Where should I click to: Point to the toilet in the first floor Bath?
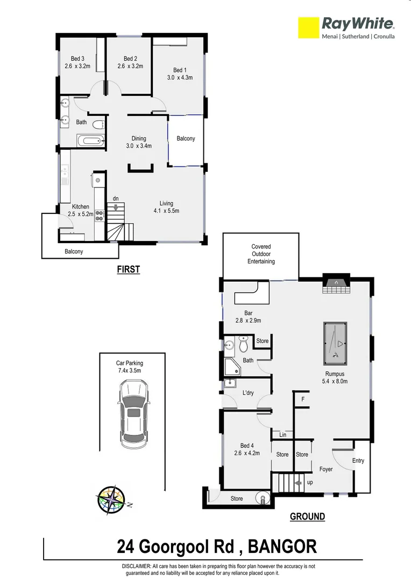pos(97,125)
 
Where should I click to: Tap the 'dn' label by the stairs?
pos(116,199)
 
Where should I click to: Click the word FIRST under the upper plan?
pos(129,270)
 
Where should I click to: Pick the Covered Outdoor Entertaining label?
pos(261,254)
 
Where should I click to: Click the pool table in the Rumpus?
pos(335,343)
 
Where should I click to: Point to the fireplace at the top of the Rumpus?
pos(336,284)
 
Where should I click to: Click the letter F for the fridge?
pos(303,399)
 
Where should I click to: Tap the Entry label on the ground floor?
pos(358,461)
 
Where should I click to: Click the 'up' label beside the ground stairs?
pos(310,482)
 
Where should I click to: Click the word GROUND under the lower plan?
pos(308,516)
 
